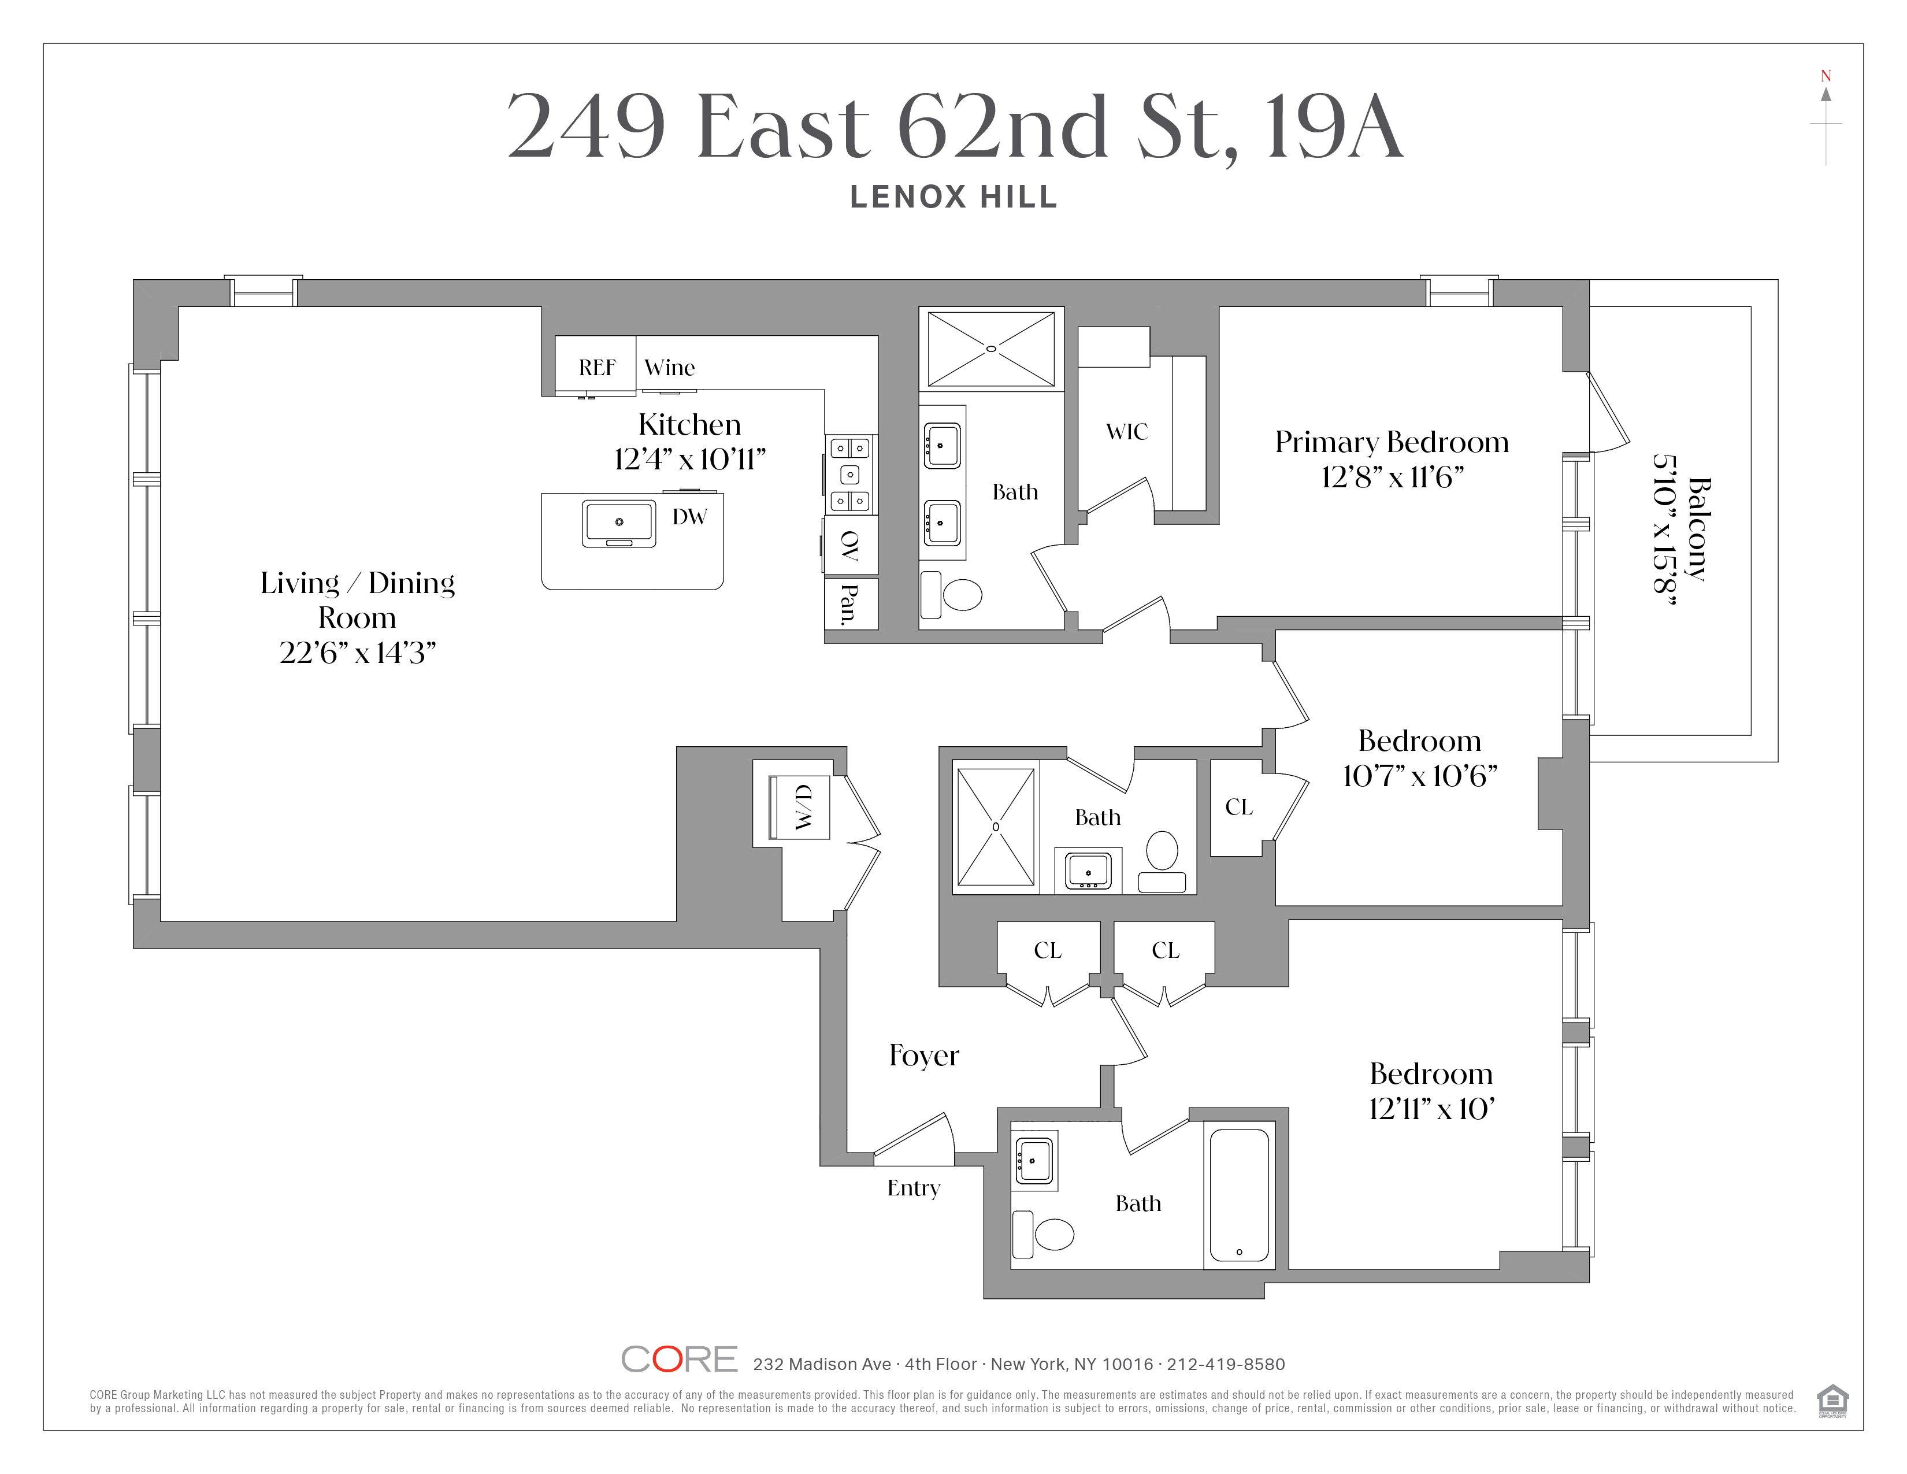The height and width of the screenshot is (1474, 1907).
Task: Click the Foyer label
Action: (924, 1055)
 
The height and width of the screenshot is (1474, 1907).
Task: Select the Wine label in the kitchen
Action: (670, 368)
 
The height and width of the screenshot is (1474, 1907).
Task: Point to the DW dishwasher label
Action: (689, 517)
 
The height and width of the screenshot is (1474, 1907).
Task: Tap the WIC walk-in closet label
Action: (1126, 431)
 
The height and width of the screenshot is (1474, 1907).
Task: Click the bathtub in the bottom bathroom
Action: (1239, 1195)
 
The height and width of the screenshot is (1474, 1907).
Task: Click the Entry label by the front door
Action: (913, 1188)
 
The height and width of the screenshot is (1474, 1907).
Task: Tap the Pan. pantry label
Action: (848, 603)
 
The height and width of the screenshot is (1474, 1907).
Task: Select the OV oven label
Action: (849, 546)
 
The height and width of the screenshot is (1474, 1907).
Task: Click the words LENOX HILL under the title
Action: (953, 197)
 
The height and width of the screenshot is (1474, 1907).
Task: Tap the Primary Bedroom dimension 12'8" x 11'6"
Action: (1392, 477)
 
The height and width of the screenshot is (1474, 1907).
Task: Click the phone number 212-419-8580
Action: (1226, 1364)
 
